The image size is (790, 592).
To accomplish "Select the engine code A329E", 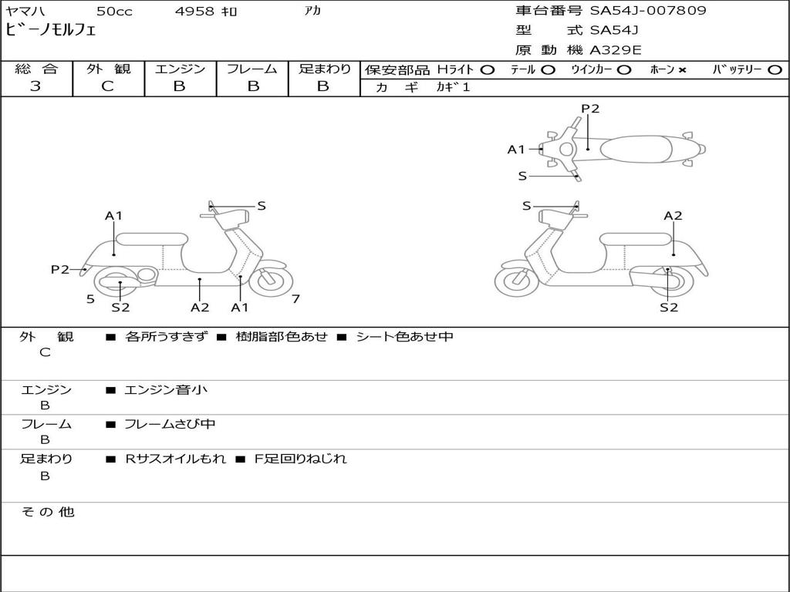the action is click(616, 50).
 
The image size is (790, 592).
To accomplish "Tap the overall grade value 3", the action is click(36, 86).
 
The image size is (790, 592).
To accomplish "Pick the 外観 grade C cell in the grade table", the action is click(108, 86).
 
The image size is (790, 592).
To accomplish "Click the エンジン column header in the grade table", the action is click(180, 69).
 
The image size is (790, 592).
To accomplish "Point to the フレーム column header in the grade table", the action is click(252, 69).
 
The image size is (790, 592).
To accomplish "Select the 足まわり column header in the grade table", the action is click(324, 69).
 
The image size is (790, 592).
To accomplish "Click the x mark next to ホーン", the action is click(682, 70).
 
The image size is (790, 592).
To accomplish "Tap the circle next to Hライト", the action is click(487, 70).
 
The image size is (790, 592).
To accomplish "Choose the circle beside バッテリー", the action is click(775, 70).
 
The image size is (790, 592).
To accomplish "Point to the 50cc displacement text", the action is click(113, 12).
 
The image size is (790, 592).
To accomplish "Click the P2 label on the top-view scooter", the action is click(590, 109).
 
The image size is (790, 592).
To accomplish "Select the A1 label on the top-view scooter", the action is click(516, 150).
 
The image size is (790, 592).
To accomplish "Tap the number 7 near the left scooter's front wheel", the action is click(295, 298).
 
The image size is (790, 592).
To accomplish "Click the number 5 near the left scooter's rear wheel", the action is click(90, 298).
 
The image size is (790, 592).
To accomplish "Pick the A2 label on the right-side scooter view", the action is click(673, 216).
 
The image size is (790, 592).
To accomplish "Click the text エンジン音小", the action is click(166, 390).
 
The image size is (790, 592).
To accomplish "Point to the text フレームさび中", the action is click(170, 424).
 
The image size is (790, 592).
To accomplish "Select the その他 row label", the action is click(47, 512).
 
